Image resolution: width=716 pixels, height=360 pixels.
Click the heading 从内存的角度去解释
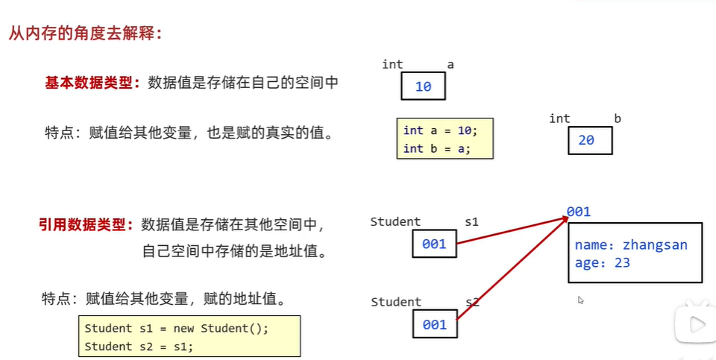(85, 34)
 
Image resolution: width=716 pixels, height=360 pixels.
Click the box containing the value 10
(423, 86)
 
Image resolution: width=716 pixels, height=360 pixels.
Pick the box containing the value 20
(589, 140)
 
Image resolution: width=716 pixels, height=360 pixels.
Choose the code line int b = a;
(434, 148)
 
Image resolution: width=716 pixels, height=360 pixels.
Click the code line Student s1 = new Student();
(176, 328)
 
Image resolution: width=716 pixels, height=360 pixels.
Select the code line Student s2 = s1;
(139, 346)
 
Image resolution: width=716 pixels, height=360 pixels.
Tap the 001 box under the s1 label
(434, 244)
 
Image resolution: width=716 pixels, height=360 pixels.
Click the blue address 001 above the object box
(578, 212)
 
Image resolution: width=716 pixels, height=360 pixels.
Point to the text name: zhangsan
(631, 245)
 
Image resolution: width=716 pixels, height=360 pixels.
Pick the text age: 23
(603, 262)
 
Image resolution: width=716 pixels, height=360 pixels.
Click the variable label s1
(471, 221)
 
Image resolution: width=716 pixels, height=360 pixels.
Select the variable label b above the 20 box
(618, 119)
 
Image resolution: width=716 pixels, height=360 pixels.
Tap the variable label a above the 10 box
(450, 65)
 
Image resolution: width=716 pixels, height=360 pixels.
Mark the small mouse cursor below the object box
(580, 300)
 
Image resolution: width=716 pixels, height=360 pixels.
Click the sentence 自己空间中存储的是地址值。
(235, 250)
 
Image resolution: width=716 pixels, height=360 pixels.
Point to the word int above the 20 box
(559, 119)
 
